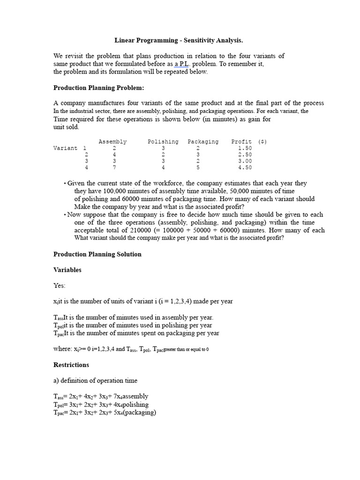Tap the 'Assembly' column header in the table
[112, 142]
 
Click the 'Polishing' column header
[163, 142]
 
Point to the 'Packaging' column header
[203, 142]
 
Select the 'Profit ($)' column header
[249, 142]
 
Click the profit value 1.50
[245, 148]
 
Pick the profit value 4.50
[245, 167]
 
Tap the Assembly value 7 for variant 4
[114, 167]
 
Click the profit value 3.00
[245, 161]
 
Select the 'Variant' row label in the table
[65, 148]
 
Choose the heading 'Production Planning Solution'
[97, 254]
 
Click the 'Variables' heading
[67, 270]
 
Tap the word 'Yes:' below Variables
[60, 285]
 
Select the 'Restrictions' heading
[71, 365]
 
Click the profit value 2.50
[245, 155]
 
